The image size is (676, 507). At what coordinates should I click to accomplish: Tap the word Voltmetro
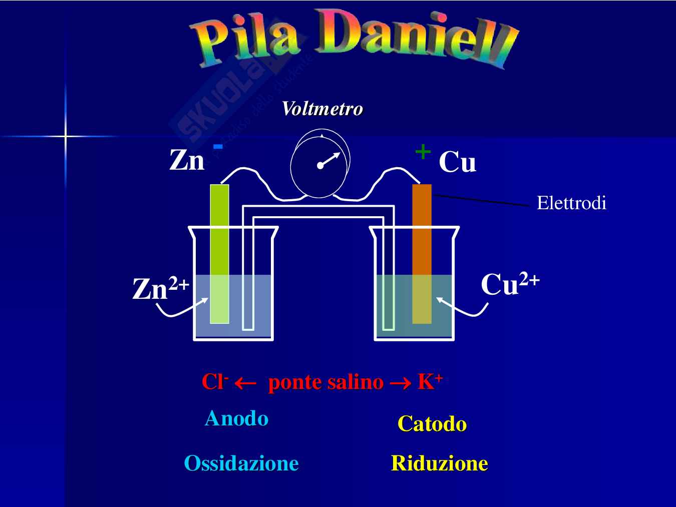click(x=322, y=109)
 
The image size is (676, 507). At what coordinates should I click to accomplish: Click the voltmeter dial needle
click(x=328, y=160)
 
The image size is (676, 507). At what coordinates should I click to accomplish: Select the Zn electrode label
click(x=187, y=161)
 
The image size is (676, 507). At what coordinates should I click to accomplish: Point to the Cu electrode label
click(x=457, y=162)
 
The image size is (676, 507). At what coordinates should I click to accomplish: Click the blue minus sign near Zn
click(x=218, y=146)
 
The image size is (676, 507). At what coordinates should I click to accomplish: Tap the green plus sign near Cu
click(x=423, y=151)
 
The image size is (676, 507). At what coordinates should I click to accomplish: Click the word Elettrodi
click(x=571, y=203)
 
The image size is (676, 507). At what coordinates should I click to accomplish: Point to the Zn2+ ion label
click(x=161, y=289)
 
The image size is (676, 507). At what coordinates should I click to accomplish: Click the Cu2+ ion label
click(x=510, y=284)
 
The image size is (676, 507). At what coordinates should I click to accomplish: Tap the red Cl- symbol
click(x=215, y=382)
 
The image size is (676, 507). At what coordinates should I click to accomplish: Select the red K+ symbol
click(x=430, y=382)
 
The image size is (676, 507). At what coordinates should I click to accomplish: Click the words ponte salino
click(x=326, y=382)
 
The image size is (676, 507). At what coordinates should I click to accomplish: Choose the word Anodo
click(x=236, y=418)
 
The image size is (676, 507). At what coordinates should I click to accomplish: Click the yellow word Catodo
click(x=432, y=424)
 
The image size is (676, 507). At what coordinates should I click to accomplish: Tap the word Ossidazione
click(x=241, y=463)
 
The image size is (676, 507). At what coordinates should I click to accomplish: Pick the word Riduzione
click(x=439, y=463)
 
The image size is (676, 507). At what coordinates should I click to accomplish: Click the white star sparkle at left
click(x=66, y=136)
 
